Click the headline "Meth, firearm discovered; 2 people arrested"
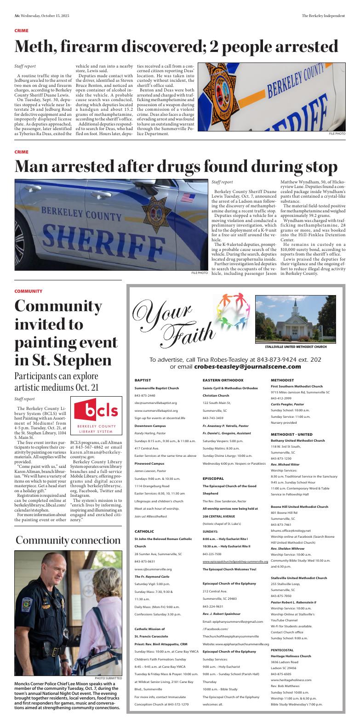pos(176,47)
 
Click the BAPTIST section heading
pos(143,381)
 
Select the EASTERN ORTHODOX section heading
pos(223,381)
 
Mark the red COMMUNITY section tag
pos(28,291)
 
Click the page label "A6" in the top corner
pos(17,16)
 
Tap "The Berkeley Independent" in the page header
pos(323,16)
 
